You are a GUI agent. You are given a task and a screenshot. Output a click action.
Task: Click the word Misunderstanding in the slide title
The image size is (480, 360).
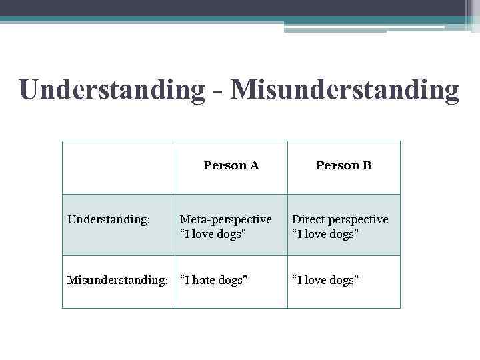click(x=345, y=90)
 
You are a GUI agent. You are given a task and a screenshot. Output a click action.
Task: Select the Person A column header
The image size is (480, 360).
click(x=231, y=165)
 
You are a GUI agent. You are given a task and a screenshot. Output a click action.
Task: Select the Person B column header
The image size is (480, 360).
click(x=343, y=165)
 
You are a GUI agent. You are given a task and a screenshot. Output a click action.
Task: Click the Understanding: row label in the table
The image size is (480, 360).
click(x=109, y=219)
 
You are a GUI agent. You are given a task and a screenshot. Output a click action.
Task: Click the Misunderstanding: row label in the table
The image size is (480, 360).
click(x=117, y=280)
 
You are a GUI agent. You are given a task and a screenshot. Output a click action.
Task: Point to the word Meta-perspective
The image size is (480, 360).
click(x=226, y=219)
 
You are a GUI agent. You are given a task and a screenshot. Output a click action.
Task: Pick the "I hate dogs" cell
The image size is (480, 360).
click(x=213, y=280)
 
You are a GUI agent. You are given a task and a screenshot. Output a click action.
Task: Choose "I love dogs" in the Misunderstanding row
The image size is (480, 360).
click(x=325, y=280)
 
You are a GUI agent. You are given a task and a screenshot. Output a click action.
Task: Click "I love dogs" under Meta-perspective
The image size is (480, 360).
click(x=213, y=235)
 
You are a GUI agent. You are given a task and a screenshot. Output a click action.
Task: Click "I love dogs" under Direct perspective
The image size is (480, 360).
click(x=325, y=235)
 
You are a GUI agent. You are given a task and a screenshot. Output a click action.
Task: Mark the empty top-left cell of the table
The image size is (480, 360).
click(x=119, y=167)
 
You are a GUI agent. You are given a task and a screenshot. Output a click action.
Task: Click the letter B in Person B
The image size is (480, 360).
click(x=367, y=165)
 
